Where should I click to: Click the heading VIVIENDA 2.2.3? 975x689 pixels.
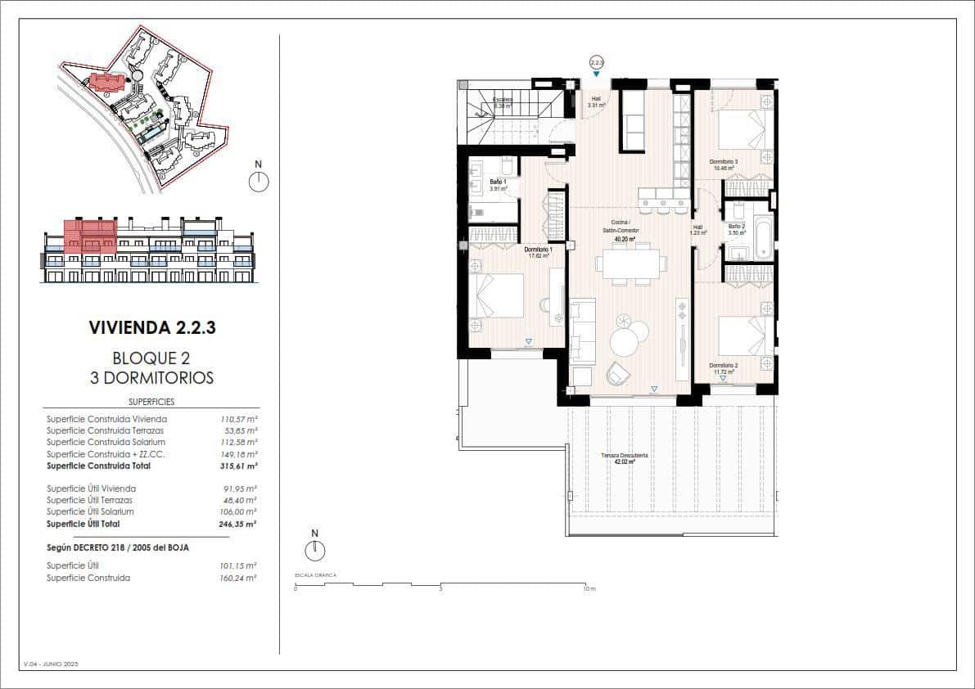(x=151, y=328)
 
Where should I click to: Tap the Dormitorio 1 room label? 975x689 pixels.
(x=539, y=250)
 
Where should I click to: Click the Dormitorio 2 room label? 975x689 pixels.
(x=724, y=366)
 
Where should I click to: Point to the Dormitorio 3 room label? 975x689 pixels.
(x=724, y=163)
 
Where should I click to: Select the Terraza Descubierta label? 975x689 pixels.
(x=630, y=456)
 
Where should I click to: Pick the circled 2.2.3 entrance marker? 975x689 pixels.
(x=596, y=62)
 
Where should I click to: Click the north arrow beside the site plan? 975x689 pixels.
(x=259, y=181)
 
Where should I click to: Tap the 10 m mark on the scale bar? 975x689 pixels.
(x=586, y=588)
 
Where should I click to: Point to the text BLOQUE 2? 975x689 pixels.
(x=151, y=358)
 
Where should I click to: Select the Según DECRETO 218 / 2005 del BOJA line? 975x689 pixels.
(x=118, y=547)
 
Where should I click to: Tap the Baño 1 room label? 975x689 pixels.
(x=499, y=182)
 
